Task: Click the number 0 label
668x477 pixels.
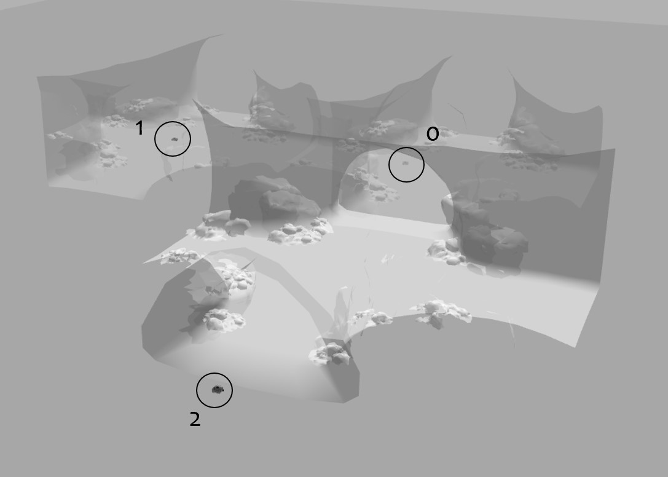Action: (433, 134)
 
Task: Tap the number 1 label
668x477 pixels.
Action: (139, 128)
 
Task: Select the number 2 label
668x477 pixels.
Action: (195, 419)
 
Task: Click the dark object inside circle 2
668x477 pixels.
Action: (218, 389)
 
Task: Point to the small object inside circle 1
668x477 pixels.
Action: (174, 139)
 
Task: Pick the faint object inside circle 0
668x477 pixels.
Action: (405, 162)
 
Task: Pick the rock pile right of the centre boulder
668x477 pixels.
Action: (301, 232)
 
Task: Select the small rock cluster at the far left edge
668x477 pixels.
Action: (59, 136)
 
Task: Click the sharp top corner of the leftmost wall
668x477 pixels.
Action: (221, 35)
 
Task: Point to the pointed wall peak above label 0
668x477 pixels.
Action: (451, 56)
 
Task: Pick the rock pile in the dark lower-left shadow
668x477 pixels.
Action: (223, 320)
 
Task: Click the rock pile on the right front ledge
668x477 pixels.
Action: (441, 311)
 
